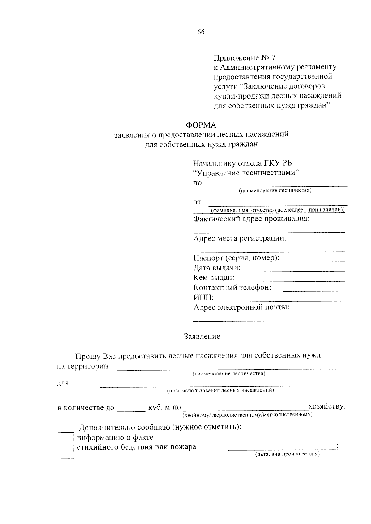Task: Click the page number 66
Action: (x=201, y=32)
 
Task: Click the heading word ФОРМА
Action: (x=201, y=125)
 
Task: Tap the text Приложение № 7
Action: (x=244, y=58)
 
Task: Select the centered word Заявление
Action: (x=202, y=336)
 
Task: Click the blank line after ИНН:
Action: (x=283, y=300)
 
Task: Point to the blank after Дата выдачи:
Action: (x=297, y=270)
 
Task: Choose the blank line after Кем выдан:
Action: (x=297, y=280)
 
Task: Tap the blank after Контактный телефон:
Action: (x=314, y=290)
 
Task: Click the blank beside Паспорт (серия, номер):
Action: (x=318, y=261)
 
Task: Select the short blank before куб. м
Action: (x=131, y=410)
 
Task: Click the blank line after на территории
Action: (x=229, y=368)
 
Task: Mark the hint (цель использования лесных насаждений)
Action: (x=220, y=391)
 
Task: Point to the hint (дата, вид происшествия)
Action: (x=287, y=454)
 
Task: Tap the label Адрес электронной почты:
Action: (x=241, y=308)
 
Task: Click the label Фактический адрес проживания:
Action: (x=251, y=219)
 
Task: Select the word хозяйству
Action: (x=327, y=406)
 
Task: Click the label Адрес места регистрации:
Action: (x=240, y=238)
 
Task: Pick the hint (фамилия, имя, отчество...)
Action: (x=278, y=210)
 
